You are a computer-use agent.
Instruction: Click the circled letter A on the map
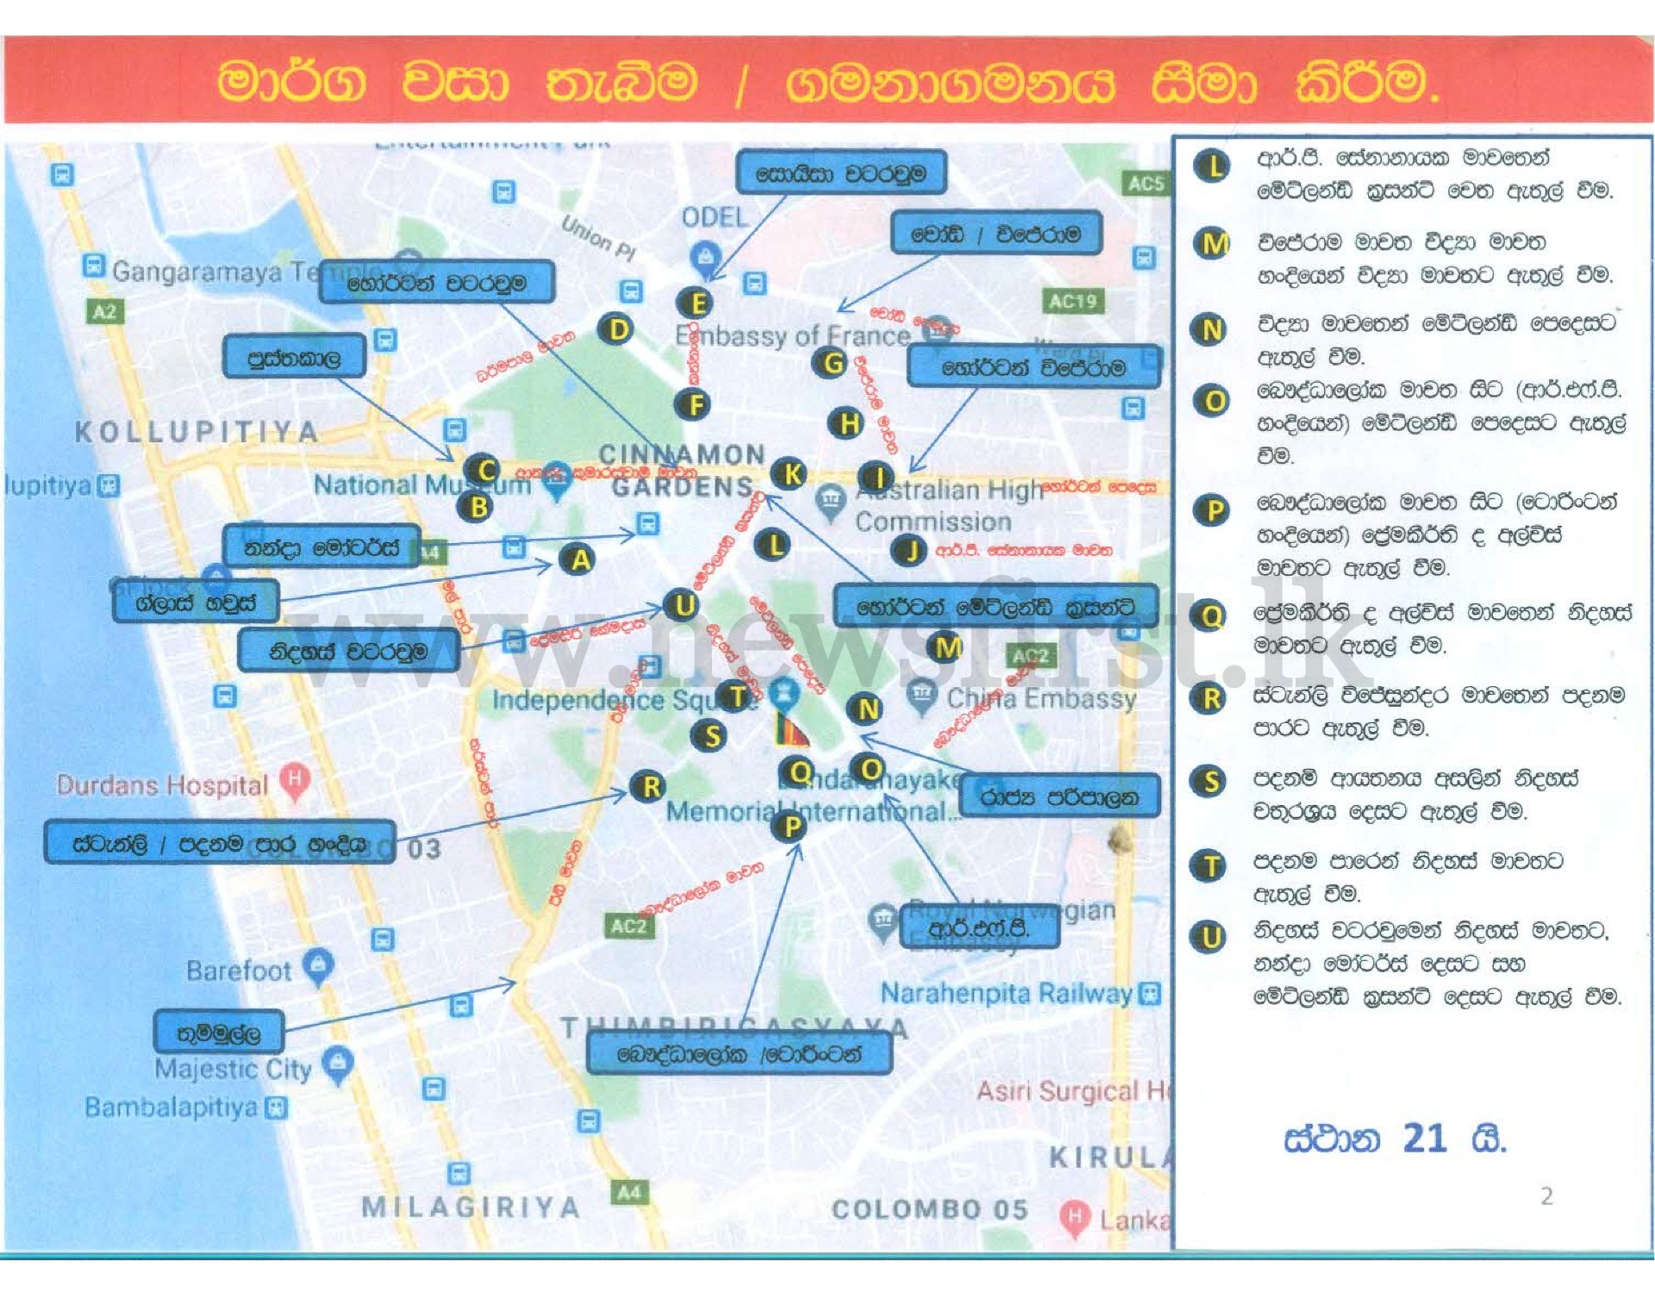580,560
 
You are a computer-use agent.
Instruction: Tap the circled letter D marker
617,329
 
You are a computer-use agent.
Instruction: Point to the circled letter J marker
909,550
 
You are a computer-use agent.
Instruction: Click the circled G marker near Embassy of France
831,363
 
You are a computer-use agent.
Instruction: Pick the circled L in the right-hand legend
1213,166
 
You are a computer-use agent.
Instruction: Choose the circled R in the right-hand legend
1211,698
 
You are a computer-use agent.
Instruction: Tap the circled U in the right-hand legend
1210,937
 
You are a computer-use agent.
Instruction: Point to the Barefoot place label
239,971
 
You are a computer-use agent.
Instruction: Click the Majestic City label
233,1069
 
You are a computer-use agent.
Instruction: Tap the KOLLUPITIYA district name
197,431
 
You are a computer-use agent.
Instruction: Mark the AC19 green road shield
1071,301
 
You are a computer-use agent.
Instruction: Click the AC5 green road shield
1146,183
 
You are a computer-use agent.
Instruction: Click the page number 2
1546,1196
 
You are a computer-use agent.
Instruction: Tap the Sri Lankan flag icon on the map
791,730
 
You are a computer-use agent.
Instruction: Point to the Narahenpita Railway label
1006,994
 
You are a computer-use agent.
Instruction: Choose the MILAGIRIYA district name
471,1207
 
